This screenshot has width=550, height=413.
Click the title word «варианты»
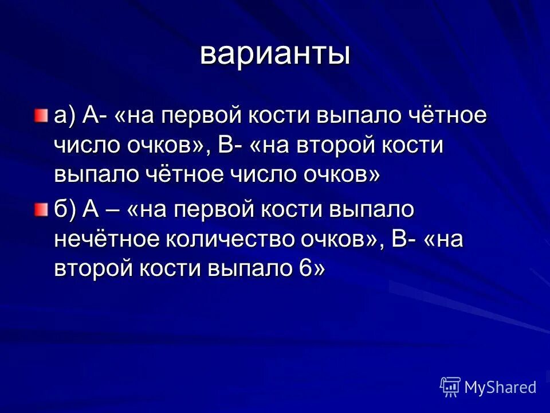(x=275, y=54)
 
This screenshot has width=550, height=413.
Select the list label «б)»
(x=65, y=211)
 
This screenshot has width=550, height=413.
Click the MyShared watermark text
(x=500, y=387)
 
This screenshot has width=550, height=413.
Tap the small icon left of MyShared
(x=450, y=387)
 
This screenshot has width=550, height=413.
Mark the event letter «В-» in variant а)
(x=230, y=145)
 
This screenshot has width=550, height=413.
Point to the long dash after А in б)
(x=113, y=211)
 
